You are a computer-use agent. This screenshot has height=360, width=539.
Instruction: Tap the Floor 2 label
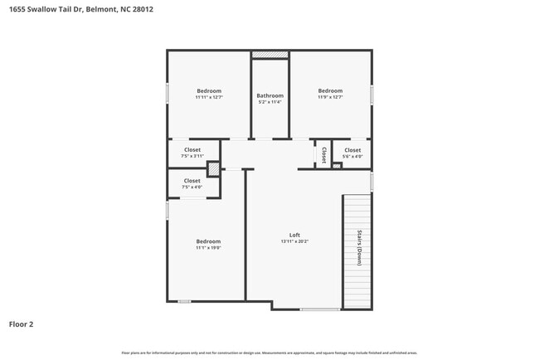22,324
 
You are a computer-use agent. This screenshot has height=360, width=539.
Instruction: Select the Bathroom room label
269,95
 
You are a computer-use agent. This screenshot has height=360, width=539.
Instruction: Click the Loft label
294,235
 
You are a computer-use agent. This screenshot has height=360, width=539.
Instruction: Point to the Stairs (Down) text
360,247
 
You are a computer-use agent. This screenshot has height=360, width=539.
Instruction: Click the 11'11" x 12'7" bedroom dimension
209,98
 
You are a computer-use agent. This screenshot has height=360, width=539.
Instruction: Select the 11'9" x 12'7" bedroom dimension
330,98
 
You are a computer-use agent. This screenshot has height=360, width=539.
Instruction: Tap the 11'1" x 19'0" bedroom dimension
208,247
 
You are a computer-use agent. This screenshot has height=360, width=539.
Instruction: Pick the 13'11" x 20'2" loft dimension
294,241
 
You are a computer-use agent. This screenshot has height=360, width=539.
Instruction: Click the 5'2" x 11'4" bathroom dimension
269,102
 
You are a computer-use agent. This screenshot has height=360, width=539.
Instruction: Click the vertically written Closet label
322,153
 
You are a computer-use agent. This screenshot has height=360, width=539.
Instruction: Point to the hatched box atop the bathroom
269,55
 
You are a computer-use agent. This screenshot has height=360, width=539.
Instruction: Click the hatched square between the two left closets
213,168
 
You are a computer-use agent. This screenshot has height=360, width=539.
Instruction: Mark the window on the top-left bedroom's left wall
168,93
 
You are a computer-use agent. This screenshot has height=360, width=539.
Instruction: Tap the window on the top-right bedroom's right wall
371,94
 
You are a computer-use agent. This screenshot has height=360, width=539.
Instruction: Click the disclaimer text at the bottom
269,353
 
